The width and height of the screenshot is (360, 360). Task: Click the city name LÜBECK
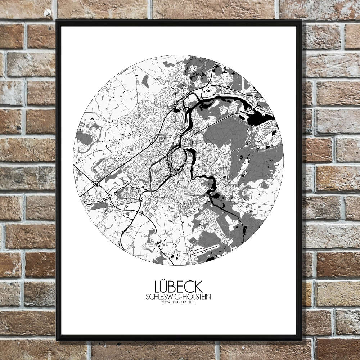tap(178, 287)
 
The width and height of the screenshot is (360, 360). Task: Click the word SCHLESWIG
tap(163, 297)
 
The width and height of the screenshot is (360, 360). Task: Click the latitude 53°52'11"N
tap(170, 302)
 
